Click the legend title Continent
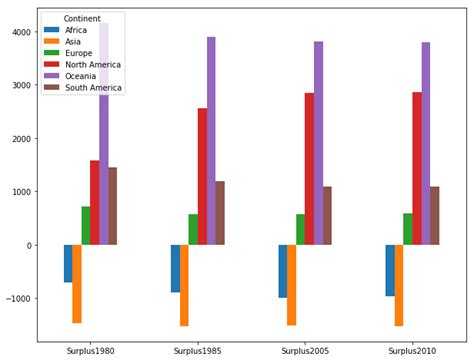pos(80,19)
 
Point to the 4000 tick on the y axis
pos(19,32)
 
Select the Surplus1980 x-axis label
pos(90,351)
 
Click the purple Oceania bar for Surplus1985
pos(211,140)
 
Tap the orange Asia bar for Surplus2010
pos(399,285)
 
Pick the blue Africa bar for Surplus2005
pos(283,271)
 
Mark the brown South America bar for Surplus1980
pos(113,206)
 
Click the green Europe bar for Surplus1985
pos(193,230)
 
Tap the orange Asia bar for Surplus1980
pos(77,284)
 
